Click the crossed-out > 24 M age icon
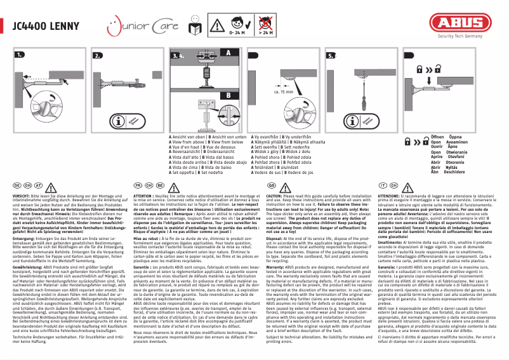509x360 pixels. click(267, 23)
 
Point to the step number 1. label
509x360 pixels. click(19, 57)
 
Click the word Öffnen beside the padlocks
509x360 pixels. click(438, 137)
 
